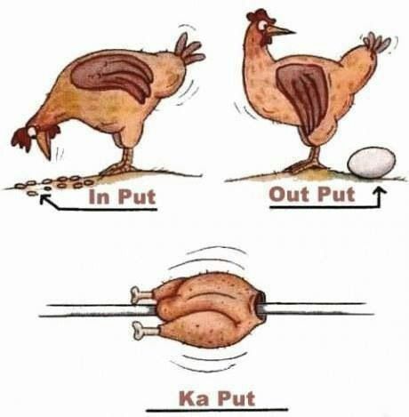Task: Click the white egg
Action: click(372, 163)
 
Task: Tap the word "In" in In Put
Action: click(99, 196)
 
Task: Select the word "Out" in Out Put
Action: click(288, 194)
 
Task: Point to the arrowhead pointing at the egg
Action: click(380, 191)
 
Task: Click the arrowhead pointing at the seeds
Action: click(44, 198)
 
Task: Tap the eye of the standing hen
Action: click(262, 26)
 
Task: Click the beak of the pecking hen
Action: click(45, 148)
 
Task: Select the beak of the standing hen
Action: click(282, 30)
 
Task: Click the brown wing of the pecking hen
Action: click(113, 76)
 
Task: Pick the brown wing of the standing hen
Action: click(302, 96)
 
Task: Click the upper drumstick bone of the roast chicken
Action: click(141, 294)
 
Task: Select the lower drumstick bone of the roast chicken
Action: click(145, 330)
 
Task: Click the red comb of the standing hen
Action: click(260, 14)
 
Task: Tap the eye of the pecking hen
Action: click(32, 132)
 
